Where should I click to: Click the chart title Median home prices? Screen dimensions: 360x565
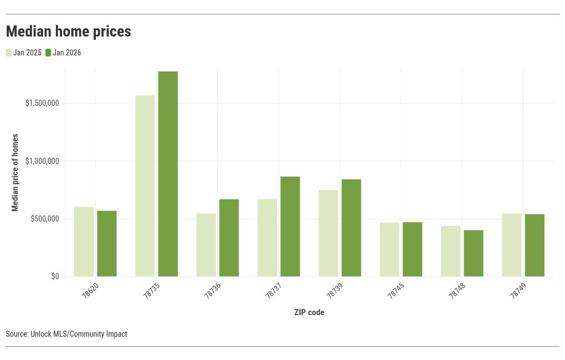click(x=69, y=32)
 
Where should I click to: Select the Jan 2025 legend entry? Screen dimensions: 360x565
click(x=24, y=53)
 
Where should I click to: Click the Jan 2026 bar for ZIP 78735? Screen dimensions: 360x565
click(x=168, y=174)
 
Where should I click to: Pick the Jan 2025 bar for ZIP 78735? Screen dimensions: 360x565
click(x=145, y=186)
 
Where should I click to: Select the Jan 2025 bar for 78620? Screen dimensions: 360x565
click(x=84, y=241)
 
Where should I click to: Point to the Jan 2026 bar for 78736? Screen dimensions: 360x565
click(x=229, y=238)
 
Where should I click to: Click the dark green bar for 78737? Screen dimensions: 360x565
click(x=290, y=227)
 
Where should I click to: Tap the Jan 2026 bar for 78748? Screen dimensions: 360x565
click(x=474, y=253)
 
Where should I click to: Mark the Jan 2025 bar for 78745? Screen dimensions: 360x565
click(x=389, y=249)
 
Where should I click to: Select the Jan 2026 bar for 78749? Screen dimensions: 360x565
click(x=535, y=245)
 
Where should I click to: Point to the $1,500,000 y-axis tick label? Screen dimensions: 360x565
click(x=42, y=104)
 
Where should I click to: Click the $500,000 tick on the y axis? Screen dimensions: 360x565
click(x=45, y=219)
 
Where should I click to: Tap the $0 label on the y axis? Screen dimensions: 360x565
click(x=55, y=277)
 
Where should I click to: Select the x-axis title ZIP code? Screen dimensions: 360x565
click(x=309, y=312)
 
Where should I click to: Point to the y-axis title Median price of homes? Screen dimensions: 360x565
click(x=16, y=172)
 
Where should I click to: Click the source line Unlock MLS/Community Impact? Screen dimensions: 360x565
click(x=66, y=334)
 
